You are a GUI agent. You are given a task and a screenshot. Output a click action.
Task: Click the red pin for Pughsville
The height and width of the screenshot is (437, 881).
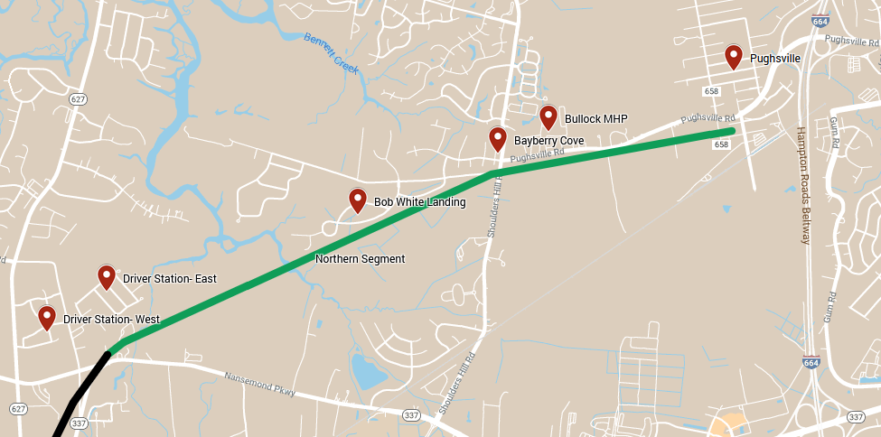click(x=734, y=56)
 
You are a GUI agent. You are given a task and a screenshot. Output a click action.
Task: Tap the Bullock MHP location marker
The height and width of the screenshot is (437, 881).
click(x=548, y=116)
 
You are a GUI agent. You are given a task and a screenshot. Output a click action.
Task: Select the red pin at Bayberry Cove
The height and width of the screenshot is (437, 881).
click(x=497, y=138)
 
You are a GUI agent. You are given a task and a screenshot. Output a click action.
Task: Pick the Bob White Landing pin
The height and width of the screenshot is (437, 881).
click(x=357, y=200)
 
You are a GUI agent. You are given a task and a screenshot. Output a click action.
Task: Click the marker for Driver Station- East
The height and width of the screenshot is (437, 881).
click(x=107, y=275)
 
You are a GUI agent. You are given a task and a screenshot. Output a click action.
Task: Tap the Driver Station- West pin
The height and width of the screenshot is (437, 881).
click(x=46, y=316)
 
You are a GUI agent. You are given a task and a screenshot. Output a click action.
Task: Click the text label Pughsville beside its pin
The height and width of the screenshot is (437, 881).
click(x=775, y=59)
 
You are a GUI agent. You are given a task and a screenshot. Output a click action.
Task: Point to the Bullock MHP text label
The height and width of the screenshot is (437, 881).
click(x=595, y=119)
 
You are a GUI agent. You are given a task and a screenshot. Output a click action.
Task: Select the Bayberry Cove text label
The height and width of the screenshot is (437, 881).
click(x=548, y=141)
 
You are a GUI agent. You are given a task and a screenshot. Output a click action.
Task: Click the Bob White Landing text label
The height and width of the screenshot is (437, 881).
click(x=419, y=202)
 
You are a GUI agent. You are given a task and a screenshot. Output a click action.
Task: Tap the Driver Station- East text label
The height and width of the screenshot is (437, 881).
click(x=170, y=278)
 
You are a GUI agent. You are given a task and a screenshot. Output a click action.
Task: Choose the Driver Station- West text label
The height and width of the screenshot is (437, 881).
click(x=111, y=320)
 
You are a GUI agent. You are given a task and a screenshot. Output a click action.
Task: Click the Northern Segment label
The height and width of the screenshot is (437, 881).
click(x=360, y=259)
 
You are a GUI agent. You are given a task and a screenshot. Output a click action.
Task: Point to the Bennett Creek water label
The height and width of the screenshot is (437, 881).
click(x=332, y=53)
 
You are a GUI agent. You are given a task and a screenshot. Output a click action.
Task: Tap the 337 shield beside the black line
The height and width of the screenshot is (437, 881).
click(x=79, y=423)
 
